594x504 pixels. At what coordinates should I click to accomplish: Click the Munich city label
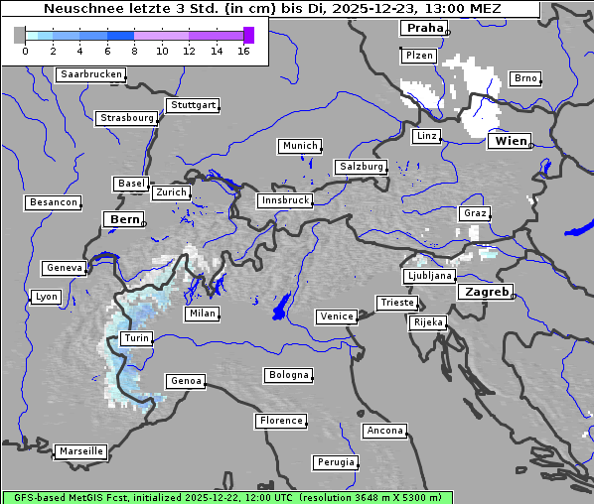[300, 146]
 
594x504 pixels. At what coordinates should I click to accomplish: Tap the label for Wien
[510, 141]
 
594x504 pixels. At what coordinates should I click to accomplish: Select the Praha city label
[423, 28]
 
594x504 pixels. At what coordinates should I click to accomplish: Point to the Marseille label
[80, 450]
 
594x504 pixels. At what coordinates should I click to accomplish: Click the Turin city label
[136, 338]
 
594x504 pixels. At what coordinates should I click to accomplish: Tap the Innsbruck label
[284, 200]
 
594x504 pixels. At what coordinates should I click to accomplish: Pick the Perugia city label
[336, 462]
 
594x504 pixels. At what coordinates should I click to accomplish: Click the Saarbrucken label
[91, 74]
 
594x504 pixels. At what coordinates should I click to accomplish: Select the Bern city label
[124, 218]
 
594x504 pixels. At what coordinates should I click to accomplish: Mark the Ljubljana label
[429, 276]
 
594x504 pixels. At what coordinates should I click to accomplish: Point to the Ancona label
[384, 431]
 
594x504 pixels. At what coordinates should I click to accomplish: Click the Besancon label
[53, 202]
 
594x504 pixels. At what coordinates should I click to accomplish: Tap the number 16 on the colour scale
[243, 51]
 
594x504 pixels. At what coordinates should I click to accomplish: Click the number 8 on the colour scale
[134, 51]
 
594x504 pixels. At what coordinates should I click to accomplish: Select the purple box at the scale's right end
[248, 35]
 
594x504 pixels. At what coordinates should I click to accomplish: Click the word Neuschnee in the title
[79, 9]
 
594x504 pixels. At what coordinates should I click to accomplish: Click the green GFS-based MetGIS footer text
[226, 497]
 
